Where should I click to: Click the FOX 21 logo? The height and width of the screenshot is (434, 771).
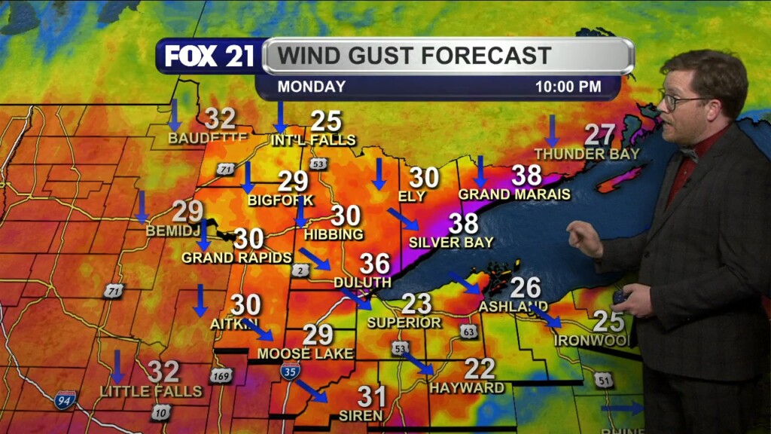(209, 57)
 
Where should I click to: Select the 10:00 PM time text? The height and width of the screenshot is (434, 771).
(568, 87)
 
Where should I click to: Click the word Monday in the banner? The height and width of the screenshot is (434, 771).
(311, 87)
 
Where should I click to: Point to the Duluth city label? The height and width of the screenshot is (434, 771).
(362, 282)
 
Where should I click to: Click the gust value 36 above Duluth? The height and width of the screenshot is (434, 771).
(374, 264)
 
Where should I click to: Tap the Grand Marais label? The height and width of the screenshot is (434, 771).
(514, 194)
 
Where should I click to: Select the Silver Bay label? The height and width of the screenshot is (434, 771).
(451, 243)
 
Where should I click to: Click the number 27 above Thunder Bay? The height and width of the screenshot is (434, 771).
(600, 135)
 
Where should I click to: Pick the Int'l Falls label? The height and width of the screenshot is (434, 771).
(313, 139)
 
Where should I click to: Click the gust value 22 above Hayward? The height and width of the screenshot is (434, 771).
(479, 368)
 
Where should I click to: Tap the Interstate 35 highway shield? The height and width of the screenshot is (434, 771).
(290, 370)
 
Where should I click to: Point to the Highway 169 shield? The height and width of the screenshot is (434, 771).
(221, 374)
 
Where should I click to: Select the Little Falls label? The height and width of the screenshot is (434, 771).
(151, 391)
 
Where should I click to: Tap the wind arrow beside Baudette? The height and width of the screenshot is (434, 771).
(175, 114)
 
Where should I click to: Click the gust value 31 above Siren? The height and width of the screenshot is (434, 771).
(371, 396)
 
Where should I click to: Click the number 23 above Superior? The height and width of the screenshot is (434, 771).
(416, 304)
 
